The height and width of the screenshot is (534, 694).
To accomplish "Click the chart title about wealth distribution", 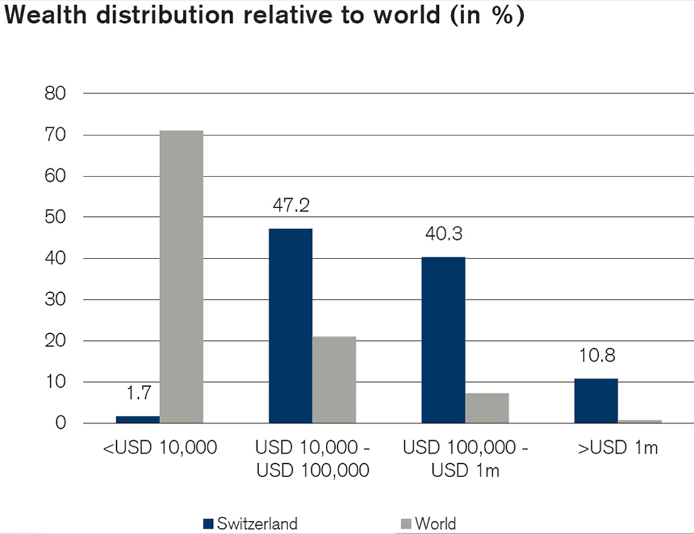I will point(264,17).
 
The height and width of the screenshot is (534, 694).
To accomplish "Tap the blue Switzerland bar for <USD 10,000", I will point(138,419).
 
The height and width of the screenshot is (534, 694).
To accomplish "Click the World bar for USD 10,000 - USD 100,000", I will point(334,379).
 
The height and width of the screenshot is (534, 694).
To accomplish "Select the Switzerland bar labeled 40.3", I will point(443,340).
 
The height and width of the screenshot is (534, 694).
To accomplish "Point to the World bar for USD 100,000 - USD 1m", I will point(486,408).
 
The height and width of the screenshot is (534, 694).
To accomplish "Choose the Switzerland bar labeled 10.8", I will point(596,400).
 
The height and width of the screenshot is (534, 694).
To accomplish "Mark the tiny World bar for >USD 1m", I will point(639,421).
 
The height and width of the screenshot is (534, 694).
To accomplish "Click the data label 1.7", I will point(138,393).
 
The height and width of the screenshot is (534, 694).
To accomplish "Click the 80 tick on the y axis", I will point(55,94).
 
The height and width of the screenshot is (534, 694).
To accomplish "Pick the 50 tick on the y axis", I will point(55,217).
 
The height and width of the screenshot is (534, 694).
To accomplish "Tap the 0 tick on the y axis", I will point(61,423).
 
